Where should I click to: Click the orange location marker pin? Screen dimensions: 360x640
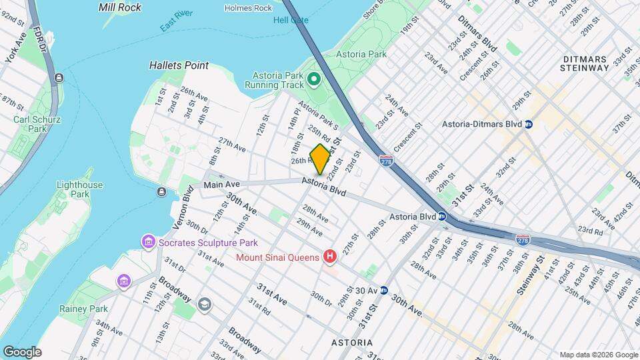320,159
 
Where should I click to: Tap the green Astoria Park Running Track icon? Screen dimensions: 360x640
315,81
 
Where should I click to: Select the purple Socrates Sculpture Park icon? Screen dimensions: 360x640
148,241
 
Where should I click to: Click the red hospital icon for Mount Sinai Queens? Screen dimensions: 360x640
329,256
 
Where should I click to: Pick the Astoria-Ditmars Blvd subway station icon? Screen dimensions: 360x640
529,124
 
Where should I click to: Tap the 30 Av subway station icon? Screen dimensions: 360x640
384,290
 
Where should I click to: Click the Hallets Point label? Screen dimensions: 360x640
179,65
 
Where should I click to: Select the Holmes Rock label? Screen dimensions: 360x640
248,8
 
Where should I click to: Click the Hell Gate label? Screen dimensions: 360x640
291,20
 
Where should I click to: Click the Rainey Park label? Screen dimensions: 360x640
91,309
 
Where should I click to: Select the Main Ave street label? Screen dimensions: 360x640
221,185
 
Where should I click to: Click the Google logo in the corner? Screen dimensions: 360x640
21,351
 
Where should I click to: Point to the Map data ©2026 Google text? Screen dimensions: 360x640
597,355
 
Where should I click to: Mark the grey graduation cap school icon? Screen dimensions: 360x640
204,305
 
